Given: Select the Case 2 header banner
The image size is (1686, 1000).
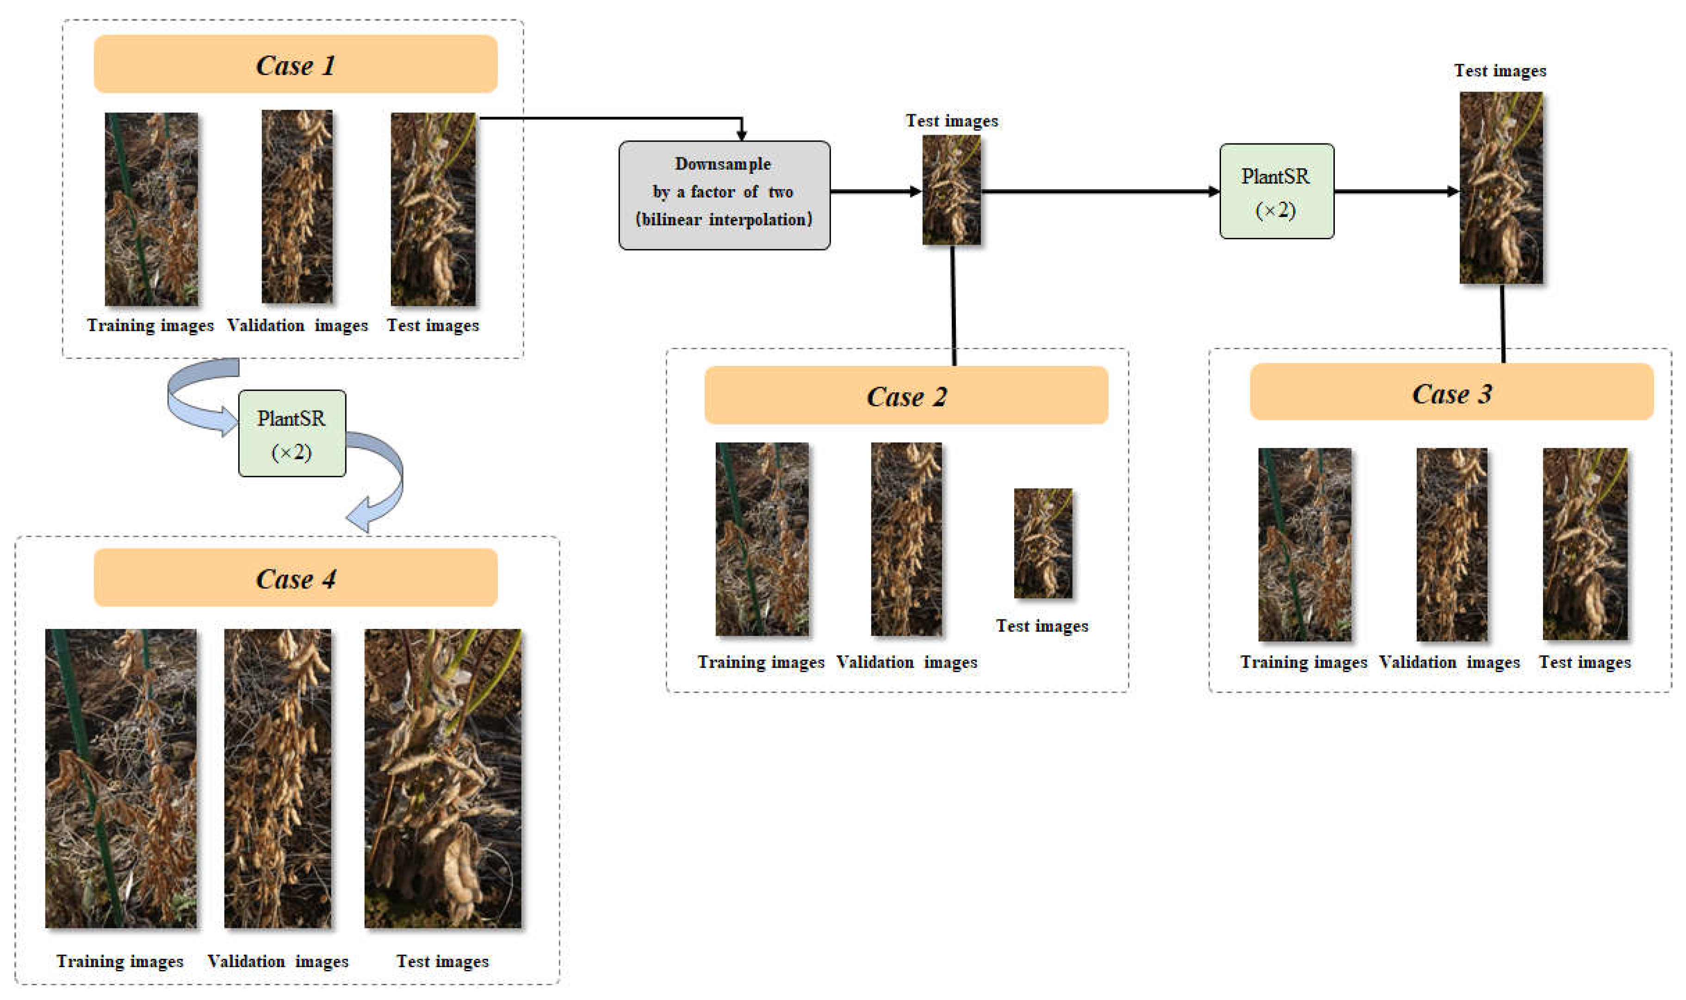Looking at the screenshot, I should coord(905,395).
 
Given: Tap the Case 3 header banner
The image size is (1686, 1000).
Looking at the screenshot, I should coord(1451,393).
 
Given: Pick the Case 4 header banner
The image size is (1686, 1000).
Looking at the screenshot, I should coord(295,578).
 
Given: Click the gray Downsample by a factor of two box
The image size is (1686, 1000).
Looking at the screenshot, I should coord(724,195).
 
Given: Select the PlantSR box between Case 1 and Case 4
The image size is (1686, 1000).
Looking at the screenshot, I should coord(292,433).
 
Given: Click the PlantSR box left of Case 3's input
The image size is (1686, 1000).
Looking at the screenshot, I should coord(1276,191).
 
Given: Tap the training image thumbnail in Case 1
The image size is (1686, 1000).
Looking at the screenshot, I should coord(151,209).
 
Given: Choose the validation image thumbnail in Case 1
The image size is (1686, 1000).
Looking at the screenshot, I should coord(297,207).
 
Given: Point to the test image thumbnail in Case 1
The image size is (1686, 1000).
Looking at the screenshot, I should coord(433,209).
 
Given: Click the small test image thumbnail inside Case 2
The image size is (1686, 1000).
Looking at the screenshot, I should coord(1042,543).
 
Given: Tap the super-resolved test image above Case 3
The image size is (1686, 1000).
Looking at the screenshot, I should coord(1500,187).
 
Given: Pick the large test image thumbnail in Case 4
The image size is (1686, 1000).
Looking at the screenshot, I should coord(442,778).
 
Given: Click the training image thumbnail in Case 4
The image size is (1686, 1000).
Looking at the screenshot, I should coord(121,778).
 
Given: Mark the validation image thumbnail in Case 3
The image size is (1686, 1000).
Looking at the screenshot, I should coord(1451,544).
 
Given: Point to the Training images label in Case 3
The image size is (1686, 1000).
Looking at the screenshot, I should coord(1303,662).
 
